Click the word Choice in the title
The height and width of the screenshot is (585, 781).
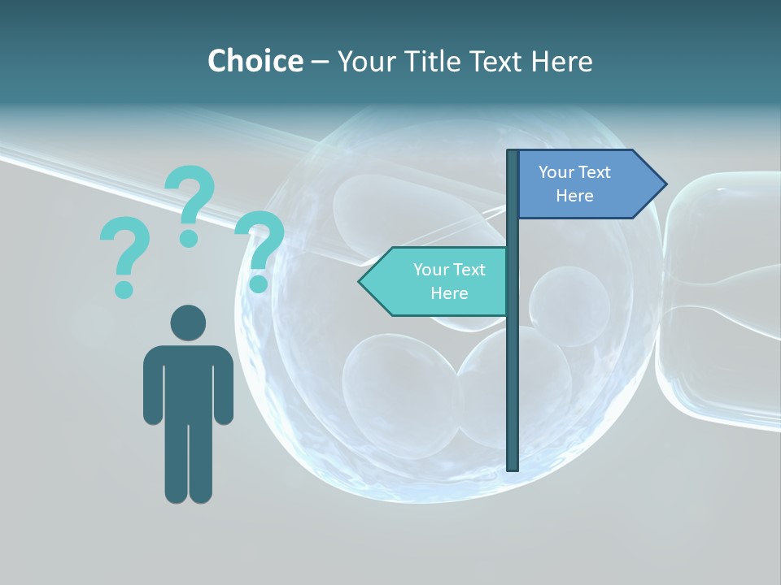click(255, 61)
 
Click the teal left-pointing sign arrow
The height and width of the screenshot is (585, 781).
click(435, 281)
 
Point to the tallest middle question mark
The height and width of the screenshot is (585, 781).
click(190, 199)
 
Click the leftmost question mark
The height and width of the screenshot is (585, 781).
click(124, 252)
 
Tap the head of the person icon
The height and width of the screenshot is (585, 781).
click(188, 323)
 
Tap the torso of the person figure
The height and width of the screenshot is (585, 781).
click(188, 382)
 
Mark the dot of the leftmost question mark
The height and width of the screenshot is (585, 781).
click(124, 288)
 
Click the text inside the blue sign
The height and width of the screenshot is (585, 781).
click(574, 184)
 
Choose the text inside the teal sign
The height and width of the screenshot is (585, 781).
click(449, 281)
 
